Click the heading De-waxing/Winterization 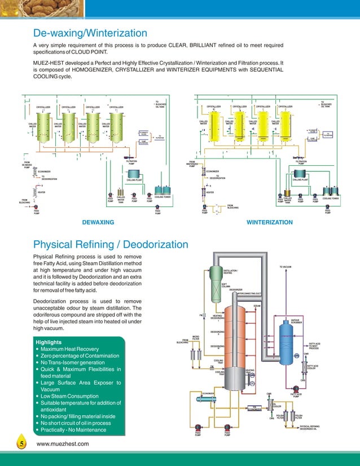point(91,33)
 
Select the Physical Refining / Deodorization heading point(111,244)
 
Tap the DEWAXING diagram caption point(98,223)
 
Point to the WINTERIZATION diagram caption point(270,223)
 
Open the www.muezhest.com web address point(63,445)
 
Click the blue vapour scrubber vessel point(294,344)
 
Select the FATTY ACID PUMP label point(297,395)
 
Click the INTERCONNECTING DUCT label point(249,294)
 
